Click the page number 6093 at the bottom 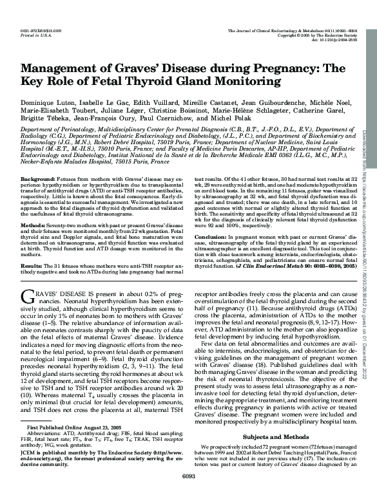pyautogui.click(x=188, y=494)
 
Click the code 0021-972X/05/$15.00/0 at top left pyautogui.click(x=41, y=30)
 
